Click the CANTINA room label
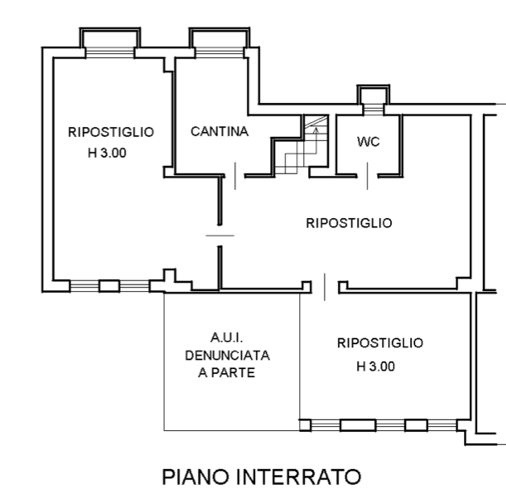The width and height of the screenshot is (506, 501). point(220,131)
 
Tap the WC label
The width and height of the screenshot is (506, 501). point(368,142)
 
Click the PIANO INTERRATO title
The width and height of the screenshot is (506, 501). point(261,477)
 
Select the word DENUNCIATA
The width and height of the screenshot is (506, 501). point(228,355)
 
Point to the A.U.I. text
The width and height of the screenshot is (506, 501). point(227,338)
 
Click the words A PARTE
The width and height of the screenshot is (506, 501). point(227,372)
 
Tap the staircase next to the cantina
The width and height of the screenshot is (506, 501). point(301,146)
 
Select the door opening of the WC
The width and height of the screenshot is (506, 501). point(368,176)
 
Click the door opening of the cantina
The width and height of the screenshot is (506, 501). point(235,176)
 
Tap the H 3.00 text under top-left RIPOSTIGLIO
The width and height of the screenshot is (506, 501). point(107,153)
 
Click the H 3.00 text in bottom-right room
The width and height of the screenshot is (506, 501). point(376,367)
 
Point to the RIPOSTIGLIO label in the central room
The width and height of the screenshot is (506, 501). point(349,223)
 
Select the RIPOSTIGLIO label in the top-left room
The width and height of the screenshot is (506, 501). point(111,132)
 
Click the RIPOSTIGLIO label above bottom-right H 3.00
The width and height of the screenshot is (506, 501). point(381,343)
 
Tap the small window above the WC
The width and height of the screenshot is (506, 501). point(373,109)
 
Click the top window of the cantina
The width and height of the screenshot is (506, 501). point(220,52)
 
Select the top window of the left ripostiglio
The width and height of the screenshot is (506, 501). point(110,52)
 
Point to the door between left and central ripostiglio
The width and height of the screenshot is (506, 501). point(220,236)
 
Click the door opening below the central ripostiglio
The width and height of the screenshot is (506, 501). point(325,287)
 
